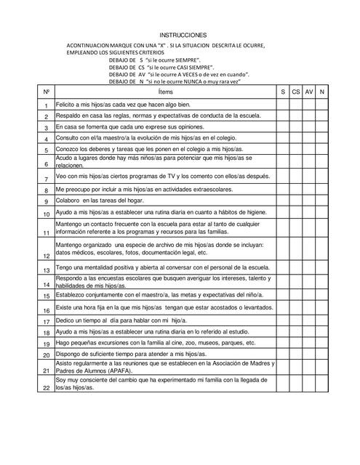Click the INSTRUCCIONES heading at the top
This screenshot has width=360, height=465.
pyautogui.click(x=183, y=35)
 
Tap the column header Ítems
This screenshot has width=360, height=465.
pyautogui.click(x=164, y=92)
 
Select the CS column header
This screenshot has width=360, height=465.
pyautogui.click(x=295, y=92)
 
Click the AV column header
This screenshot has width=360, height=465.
pyautogui.click(x=308, y=92)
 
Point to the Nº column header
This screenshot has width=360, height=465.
pyautogui.click(x=46, y=92)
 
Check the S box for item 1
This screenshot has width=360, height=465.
pyautogui.click(x=282, y=105)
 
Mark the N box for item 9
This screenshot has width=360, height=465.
pyautogui.click(x=321, y=201)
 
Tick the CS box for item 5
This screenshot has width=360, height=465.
pyautogui.click(x=295, y=149)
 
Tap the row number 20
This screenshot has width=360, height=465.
pyautogui.click(x=46, y=355)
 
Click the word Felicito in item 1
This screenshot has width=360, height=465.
pyautogui.click(x=67, y=105)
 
